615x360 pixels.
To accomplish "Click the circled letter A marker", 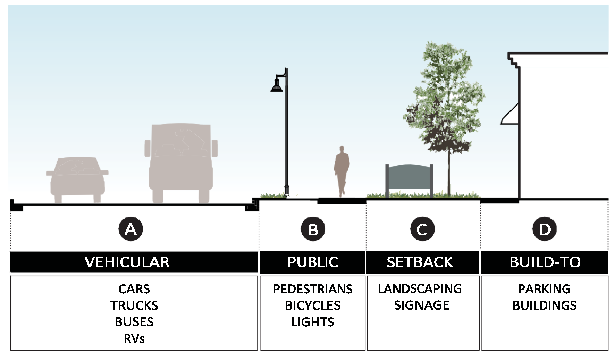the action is (130, 229).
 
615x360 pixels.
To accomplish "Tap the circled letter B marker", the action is (313, 229).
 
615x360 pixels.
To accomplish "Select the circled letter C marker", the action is (422, 229).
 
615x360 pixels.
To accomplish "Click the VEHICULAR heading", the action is (127, 262).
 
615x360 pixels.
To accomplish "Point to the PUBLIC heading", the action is (313, 262).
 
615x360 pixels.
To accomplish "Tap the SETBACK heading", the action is (420, 262).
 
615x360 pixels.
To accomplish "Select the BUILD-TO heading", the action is (545, 262).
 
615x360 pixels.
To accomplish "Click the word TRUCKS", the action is (134, 305).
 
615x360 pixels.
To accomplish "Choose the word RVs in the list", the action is (134, 339).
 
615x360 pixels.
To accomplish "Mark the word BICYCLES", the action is (313, 305).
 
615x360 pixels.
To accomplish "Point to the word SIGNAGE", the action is (422, 305).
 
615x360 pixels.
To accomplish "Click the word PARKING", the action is (544, 289).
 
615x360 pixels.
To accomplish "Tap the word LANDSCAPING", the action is (420, 289).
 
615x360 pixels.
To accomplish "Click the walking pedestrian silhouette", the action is (342, 171).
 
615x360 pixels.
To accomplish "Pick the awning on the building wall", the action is (509, 114).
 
